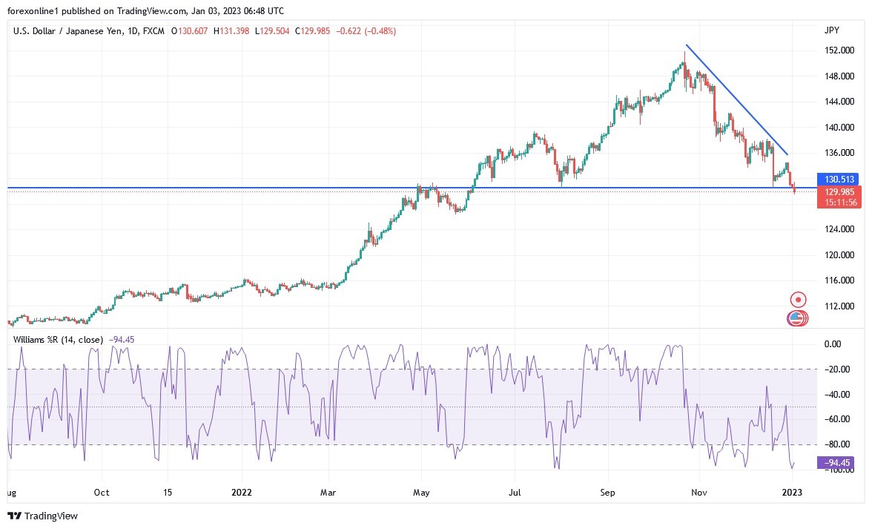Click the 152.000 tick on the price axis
(x=839, y=50)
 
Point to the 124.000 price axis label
(x=839, y=229)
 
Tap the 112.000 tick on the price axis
(x=839, y=306)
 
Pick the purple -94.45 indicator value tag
(x=833, y=463)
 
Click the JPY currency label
(x=831, y=30)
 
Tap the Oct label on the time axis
(x=102, y=492)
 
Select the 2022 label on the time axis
(x=242, y=492)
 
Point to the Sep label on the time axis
(x=608, y=492)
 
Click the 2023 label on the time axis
(x=792, y=492)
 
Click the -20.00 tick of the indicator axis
(x=836, y=369)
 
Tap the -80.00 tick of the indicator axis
(x=836, y=444)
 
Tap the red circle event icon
(x=798, y=300)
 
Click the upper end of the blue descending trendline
(x=687, y=46)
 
